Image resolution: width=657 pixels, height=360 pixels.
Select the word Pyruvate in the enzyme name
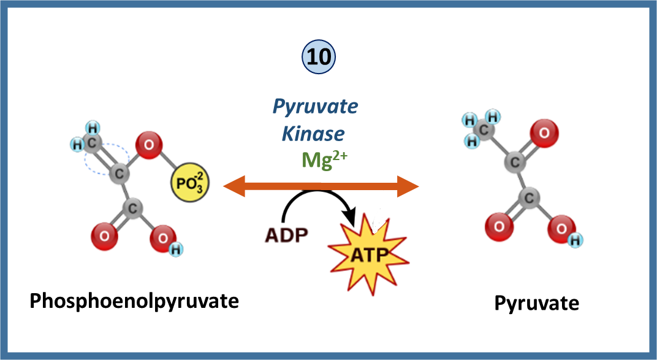pos(315,107)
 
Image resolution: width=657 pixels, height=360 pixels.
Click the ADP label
pos(286,235)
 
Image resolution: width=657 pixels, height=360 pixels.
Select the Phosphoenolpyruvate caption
pos(134,301)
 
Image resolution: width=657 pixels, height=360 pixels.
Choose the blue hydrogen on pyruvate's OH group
pos(575,240)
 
